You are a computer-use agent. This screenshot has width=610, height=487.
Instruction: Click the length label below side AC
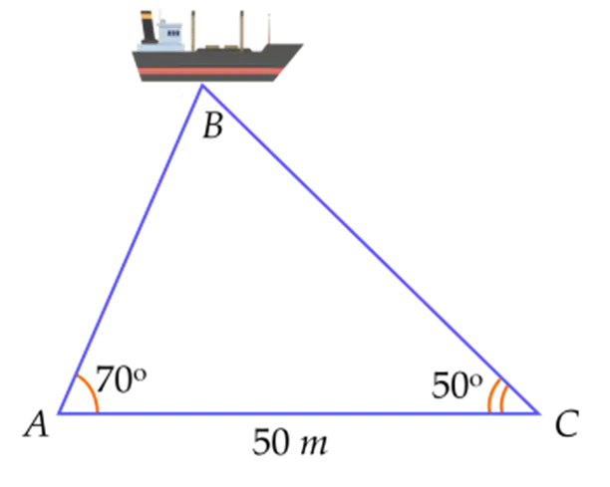point(291,444)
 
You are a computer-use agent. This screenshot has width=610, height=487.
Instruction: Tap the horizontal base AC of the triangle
point(299,411)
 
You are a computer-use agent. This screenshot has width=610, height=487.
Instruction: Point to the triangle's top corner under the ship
point(202,86)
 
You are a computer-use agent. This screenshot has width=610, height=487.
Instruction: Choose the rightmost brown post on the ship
point(266,25)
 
